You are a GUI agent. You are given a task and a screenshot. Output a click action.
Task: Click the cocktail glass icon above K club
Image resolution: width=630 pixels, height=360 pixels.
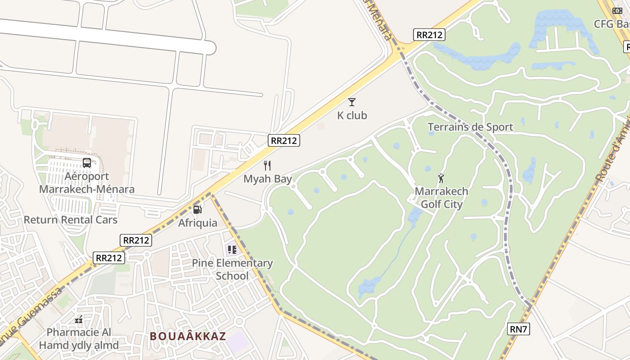coord(352,102)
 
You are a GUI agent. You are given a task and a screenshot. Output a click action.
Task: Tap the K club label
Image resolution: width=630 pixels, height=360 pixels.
coord(352,116)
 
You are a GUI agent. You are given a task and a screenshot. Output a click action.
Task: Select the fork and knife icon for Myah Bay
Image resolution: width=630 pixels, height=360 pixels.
coord(267,166)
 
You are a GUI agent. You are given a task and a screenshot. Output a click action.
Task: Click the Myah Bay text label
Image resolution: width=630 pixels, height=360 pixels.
coord(268,179)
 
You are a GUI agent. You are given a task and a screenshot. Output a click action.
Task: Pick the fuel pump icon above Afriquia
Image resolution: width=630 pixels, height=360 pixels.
coord(197,209)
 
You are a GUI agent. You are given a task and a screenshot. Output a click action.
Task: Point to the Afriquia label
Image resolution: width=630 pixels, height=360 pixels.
coord(198,223)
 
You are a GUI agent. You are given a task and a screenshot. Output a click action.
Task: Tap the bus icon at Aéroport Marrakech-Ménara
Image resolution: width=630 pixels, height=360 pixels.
coord(87,163)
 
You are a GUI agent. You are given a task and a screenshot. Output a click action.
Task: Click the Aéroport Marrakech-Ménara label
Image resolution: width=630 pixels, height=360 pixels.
coord(87,183)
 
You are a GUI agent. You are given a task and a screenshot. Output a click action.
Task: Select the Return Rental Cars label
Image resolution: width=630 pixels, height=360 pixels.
coord(70,220)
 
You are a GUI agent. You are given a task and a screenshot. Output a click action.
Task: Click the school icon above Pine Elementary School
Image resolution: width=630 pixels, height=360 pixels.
coord(232,249)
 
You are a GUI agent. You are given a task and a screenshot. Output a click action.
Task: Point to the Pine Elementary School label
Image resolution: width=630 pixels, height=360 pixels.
coord(232,269)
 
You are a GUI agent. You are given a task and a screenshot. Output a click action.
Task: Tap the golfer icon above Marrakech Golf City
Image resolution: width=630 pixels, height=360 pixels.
coord(441,178)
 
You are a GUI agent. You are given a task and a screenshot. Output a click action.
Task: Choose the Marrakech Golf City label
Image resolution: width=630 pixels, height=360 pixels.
coord(441,198)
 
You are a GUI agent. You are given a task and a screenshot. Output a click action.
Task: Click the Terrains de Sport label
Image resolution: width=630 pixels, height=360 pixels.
coord(470,127)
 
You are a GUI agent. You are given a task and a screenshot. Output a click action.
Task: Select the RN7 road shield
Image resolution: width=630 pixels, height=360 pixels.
coord(518,329)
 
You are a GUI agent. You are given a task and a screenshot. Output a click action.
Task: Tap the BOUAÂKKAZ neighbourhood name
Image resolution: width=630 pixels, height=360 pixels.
coord(188,336)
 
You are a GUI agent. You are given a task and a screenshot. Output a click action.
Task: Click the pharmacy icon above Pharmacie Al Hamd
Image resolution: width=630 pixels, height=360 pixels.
coord(79,320)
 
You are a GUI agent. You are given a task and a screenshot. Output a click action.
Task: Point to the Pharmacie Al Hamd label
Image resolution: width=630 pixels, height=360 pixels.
coord(79,339)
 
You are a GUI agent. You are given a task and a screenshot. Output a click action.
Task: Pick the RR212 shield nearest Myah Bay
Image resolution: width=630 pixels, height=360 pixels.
coord(284,140)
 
